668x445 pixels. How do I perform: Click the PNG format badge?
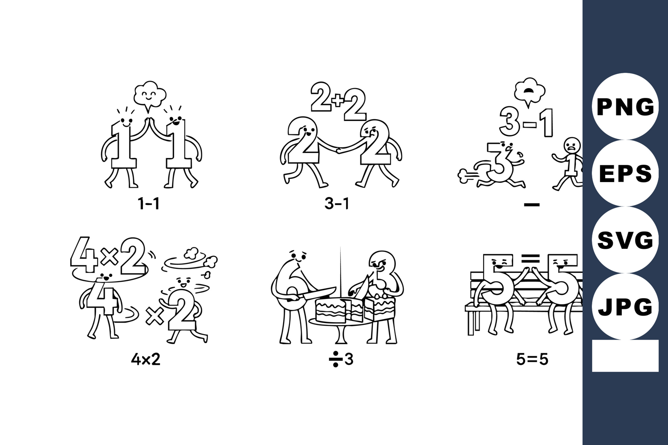click(625, 106)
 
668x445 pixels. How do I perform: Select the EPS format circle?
click(625, 173)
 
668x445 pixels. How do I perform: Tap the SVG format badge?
click(625, 240)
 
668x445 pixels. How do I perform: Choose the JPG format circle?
click(625, 307)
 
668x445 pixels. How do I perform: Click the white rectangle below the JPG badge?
click(625, 356)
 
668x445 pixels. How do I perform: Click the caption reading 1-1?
click(148, 204)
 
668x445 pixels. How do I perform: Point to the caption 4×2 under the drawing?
click(146, 360)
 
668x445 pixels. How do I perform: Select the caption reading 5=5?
click(532, 360)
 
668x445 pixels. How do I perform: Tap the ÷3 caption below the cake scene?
click(341, 360)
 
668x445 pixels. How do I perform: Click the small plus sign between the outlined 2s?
click(338, 101)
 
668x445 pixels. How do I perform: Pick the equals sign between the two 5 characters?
click(530, 258)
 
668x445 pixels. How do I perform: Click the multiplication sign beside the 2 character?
click(154, 316)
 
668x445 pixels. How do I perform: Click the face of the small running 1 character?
click(572, 145)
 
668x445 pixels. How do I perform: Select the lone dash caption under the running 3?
click(532, 204)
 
